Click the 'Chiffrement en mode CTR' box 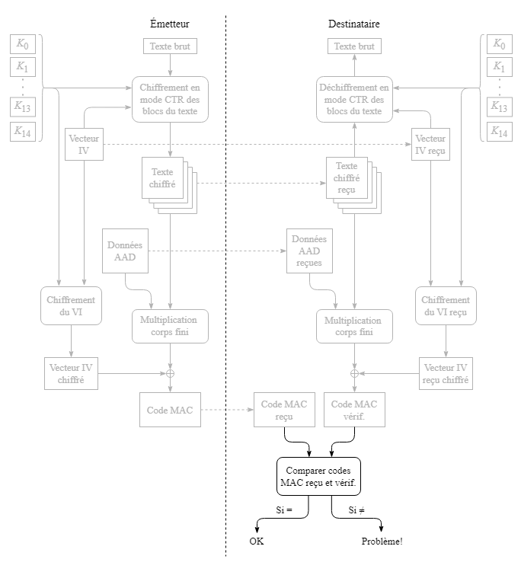pos(170,99)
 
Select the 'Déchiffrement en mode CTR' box pos(354,99)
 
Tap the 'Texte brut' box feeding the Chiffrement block pos(170,46)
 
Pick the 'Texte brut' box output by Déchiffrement pos(354,46)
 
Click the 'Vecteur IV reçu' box pos(430,145)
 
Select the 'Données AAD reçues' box pos(309,251)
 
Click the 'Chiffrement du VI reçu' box pos(446,306)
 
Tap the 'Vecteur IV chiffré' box pos(71,373)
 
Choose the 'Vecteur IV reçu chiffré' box pos(446,373)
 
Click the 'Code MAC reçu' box pos(284,410)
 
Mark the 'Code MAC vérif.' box pos(354,410)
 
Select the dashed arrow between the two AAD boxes pos(217,251)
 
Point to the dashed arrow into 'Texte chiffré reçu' pos(259,183)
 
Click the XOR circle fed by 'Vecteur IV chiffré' pos(170,373)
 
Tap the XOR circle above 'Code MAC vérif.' pos(354,373)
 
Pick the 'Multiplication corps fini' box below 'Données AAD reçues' pos(354,326)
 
